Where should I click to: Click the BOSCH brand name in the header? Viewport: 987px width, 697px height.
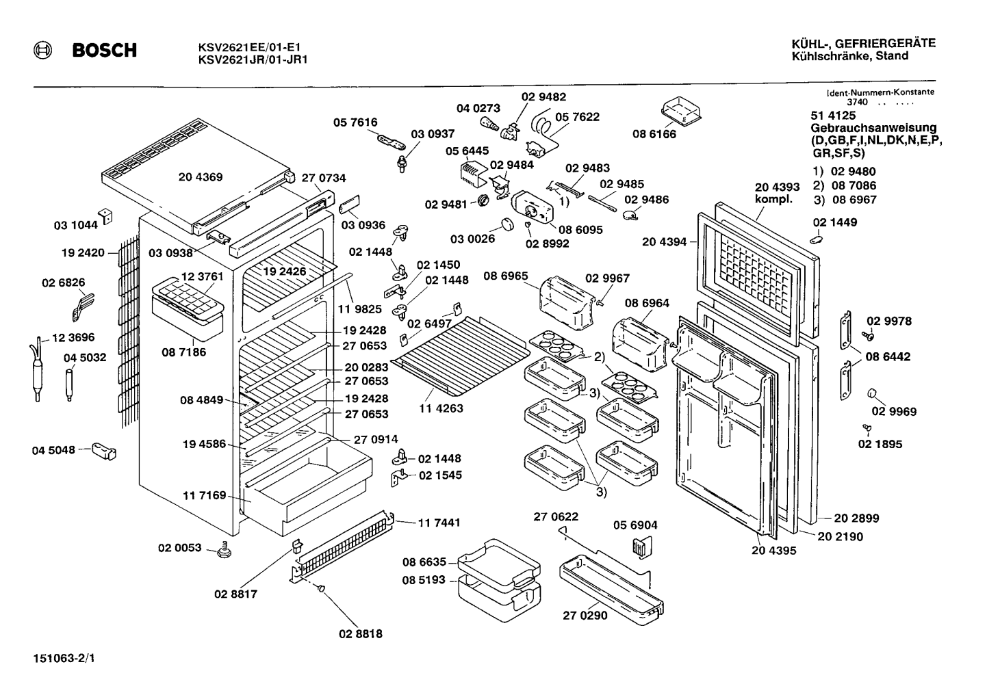(105, 50)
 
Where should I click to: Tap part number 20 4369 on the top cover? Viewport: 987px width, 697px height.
(201, 177)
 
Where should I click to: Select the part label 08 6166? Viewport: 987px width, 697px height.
(654, 134)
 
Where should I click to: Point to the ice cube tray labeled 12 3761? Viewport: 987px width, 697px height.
(188, 298)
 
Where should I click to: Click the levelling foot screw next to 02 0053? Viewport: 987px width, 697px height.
(225, 550)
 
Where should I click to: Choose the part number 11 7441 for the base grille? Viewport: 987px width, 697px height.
(439, 523)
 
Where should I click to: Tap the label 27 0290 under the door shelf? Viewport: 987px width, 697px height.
(585, 616)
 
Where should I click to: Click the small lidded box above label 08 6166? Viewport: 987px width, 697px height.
(681, 112)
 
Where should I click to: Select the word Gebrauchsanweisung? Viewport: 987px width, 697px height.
(874, 128)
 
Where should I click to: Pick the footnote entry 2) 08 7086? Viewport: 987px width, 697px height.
(845, 185)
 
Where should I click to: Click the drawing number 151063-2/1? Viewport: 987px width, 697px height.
(64, 658)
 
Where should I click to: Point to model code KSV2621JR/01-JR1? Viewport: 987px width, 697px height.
(253, 60)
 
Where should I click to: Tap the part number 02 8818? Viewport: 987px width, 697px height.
(361, 634)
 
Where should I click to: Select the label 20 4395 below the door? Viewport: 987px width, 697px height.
(773, 551)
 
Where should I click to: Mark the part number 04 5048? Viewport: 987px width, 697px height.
(53, 451)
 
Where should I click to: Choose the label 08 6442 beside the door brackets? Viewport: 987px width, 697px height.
(888, 356)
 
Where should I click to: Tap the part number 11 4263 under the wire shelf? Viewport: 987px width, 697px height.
(441, 408)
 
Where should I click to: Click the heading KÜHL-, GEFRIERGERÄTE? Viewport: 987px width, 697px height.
(864, 44)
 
